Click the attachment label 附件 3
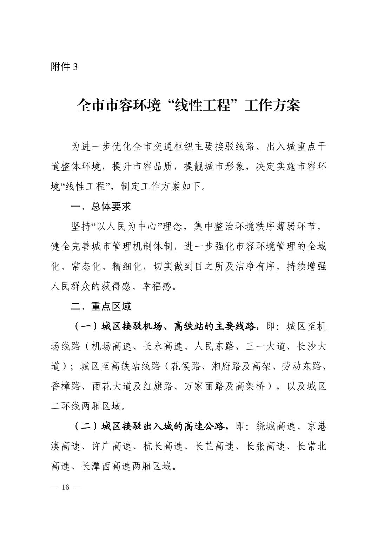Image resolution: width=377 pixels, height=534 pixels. (64, 67)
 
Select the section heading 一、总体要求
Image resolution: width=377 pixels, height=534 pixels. (101, 207)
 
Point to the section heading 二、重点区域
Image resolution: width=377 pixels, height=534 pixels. (101, 306)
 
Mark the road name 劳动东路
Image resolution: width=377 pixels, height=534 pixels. (302, 367)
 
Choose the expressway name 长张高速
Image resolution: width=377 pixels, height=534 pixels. (265, 447)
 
